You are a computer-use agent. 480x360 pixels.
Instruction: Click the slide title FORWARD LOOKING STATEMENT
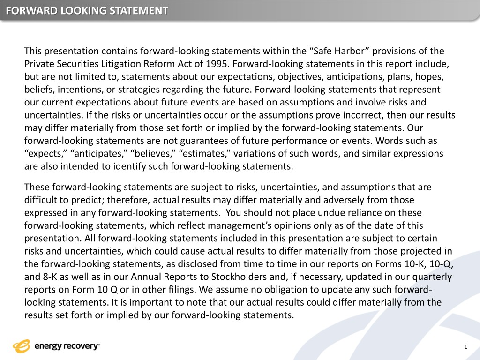coord(87,10)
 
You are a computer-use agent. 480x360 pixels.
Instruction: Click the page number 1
coord(465,347)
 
